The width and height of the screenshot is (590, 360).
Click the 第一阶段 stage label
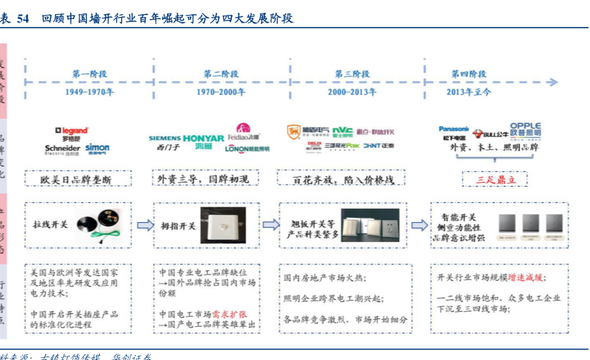pos(89,74)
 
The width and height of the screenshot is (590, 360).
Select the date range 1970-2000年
pos(221,92)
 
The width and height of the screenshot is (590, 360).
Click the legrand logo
pos(71,131)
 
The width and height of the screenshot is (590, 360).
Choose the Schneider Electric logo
pos(62,149)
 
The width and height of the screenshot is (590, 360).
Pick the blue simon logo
pos(98,149)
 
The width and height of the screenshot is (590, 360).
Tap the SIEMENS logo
pos(165,138)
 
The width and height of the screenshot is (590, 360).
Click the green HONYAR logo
pos(204,139)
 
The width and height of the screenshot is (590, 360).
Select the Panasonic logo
pos(454,129)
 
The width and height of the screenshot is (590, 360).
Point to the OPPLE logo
pos(525,127)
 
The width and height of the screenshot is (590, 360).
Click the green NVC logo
pos(342,131)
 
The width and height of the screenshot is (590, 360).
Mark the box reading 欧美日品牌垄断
pos(77,180)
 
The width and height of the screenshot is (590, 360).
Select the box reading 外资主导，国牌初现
pos(203,180)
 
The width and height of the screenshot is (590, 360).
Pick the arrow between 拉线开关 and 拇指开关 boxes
pos(145,225)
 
